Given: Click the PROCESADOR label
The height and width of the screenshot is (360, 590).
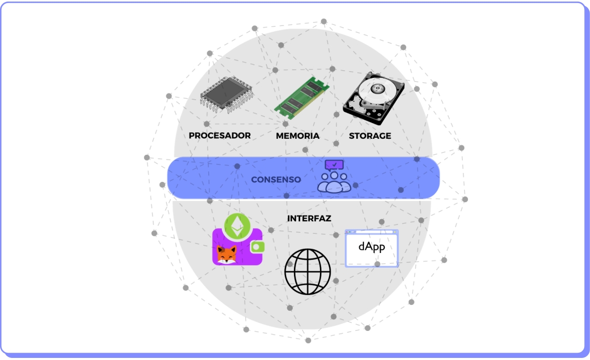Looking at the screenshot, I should tap(220, 136).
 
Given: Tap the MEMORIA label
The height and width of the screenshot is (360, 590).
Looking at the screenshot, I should tap(298, 136).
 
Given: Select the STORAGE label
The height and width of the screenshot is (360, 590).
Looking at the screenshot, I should tap(370, 136).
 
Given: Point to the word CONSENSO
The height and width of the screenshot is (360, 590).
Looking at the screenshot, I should tap(276, 179).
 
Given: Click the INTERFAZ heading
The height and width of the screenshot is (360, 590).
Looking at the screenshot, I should tap(309, 219).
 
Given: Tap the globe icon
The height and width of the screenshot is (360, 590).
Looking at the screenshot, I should tap(307, 272).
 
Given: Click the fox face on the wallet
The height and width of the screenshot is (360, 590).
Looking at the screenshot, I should tap(226, 255).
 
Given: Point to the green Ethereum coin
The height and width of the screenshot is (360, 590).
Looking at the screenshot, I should tap(237, 225).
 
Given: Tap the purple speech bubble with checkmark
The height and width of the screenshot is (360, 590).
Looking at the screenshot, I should tap(334, 165).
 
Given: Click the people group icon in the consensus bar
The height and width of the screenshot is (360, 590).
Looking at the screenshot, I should tap(334, 182).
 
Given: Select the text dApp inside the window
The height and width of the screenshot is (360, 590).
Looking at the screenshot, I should tap(372, 246).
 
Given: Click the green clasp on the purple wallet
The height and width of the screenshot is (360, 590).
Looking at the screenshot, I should tap(258, 247).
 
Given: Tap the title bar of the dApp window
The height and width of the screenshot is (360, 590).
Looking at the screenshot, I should tap(372, 233).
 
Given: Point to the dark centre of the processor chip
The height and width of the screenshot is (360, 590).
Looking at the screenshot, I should tap(223, 92).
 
